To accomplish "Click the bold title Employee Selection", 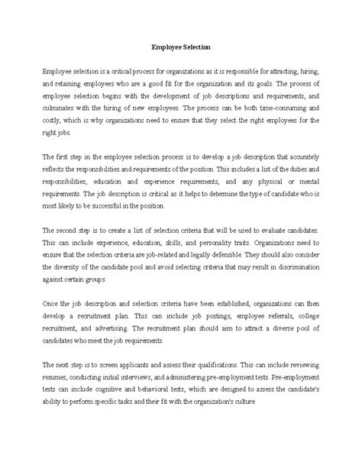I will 180,46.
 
